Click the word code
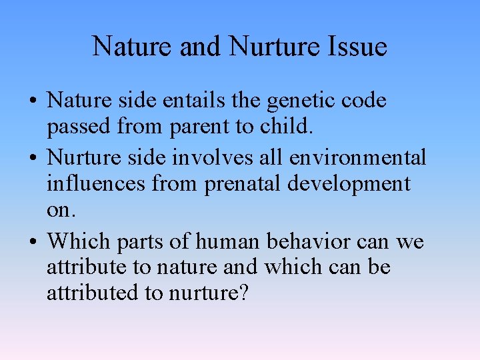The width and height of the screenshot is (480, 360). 362,101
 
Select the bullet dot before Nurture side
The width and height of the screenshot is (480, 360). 33,159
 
